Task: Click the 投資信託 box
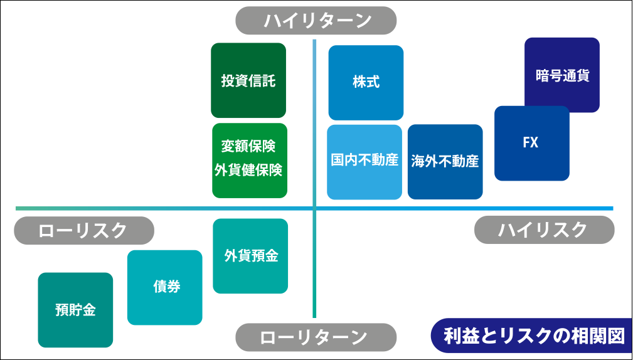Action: tap(248, 81)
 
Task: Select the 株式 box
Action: tap(366, 82)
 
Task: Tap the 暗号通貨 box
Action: tap(562, 75)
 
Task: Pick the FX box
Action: tap(531, 143)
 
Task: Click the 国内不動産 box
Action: tap(364, 161)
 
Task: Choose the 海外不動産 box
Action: tap(445, 162)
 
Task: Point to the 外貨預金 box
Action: tap(250, 256)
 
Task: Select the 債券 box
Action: tap(165, 287)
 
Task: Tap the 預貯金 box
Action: tap(75, 310)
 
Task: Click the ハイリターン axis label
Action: tap(316, 21)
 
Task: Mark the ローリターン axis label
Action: tap(316, 337)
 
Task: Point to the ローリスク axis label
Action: tap(84, 230)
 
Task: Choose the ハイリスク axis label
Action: tap(544, 230)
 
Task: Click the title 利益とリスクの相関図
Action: tap(533, 336)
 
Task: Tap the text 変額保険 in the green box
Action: tap(248, 146)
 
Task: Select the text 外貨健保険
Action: tap(248, 170)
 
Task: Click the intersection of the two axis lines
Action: tap(314, 208)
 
